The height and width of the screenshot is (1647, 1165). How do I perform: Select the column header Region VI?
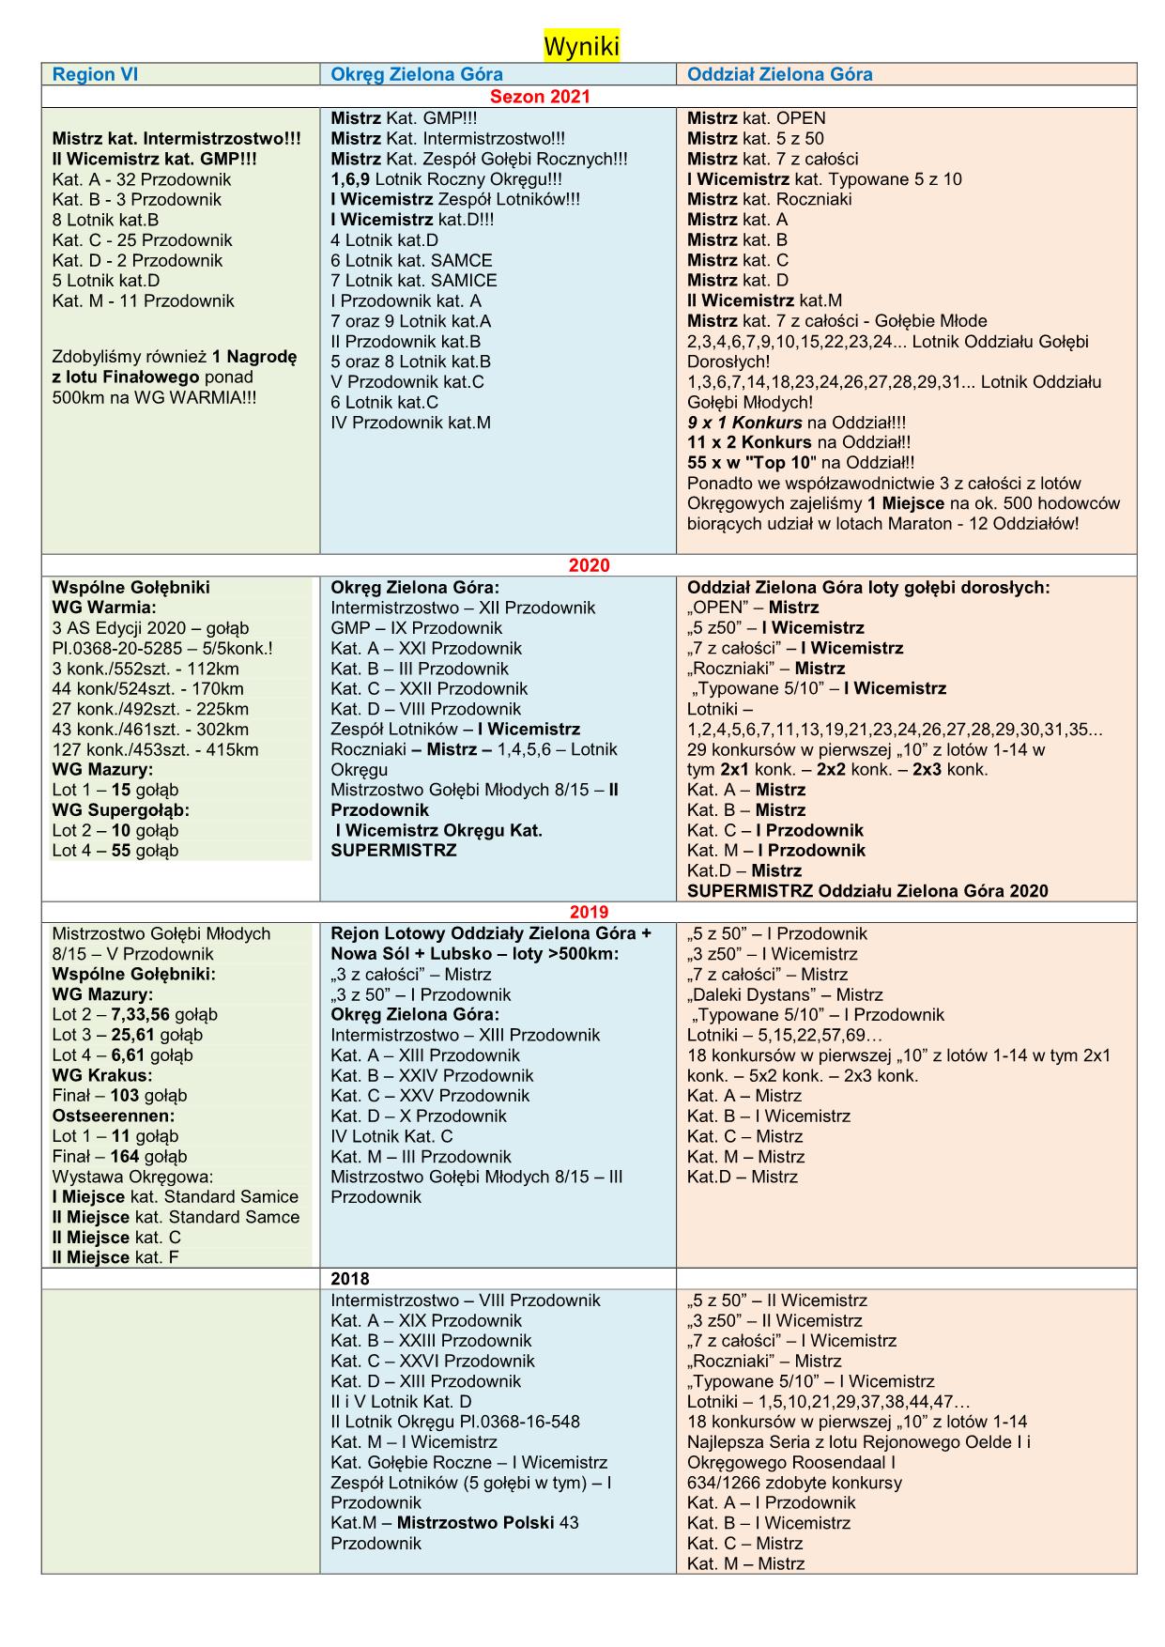[x=95, y=75]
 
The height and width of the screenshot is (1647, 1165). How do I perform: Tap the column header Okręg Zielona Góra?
[x=417, y=75]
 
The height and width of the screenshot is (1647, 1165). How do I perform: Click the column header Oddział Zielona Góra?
[x=779, y=75]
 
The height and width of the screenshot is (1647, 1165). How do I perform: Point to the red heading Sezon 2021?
[x=541, y=97]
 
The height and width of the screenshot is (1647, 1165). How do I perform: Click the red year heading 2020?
[x=589, y=565]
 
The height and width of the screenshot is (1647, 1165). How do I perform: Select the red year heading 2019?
[x=589, y=912]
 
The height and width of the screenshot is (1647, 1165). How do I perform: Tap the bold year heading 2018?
[x=350, y=1279]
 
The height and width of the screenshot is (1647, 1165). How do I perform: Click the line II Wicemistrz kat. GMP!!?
[x=154, y=160]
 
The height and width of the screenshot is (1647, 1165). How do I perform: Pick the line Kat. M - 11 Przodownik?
[x=143, y=301]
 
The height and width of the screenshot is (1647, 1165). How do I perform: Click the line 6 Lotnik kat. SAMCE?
[x=411, y=261]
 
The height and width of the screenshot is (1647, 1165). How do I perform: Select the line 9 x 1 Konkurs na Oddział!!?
[x=796, y=423]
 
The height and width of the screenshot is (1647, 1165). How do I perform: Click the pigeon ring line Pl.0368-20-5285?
[x=162, y=649]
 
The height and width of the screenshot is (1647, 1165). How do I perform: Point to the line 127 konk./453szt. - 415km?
[x=155, y=750]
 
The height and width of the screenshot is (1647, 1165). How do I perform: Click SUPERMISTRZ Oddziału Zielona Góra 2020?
[x=867, y=891]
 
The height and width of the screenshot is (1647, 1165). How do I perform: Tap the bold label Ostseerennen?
[x=113, y=1116]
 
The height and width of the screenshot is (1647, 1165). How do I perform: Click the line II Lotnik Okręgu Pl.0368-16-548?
[x=454, y=1422]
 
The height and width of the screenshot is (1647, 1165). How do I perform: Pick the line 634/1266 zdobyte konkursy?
[x=794, y=1483]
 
